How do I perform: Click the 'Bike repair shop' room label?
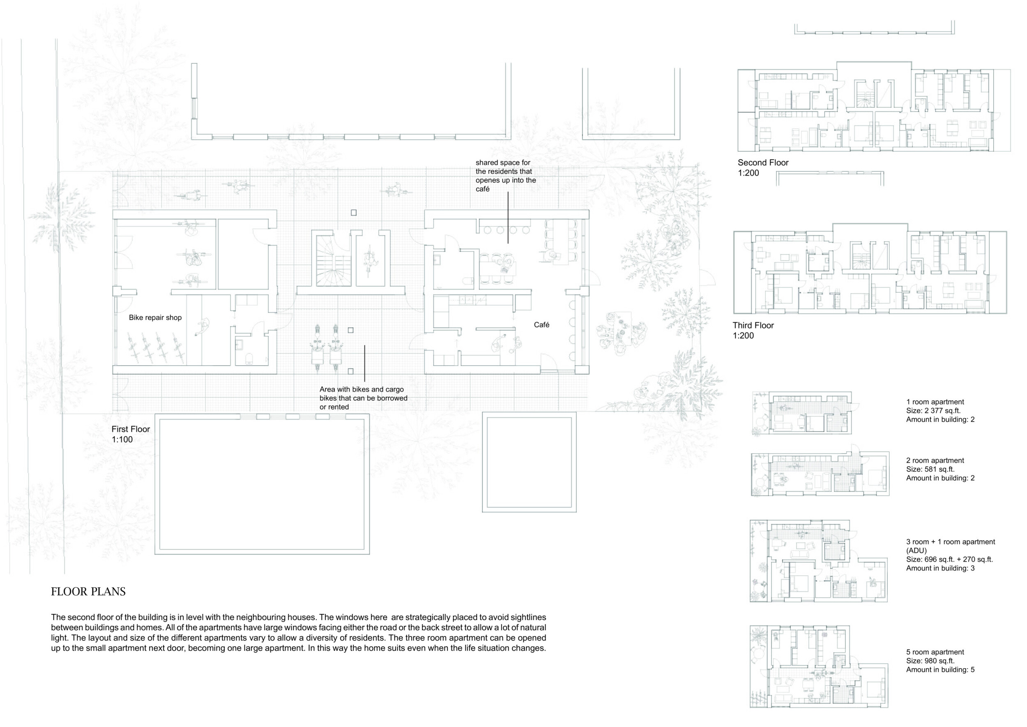point(155,318)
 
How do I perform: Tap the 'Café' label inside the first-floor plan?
point(541,325)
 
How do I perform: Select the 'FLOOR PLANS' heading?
point(88,592)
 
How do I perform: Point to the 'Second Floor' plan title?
point(763,163)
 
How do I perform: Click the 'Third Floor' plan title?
point(753,325)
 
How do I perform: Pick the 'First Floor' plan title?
point(131,429)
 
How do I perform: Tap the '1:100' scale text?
point(122,440)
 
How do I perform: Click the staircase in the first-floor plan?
point(334,262)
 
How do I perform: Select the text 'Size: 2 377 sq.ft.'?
point(933,411)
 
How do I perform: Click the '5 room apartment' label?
point(935,652)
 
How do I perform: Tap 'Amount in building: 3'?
point(940,569)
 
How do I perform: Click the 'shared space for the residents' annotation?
point(505,176)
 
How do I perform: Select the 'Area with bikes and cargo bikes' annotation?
point(363,398)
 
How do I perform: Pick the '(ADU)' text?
point(916,551)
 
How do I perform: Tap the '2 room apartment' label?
point(935,461)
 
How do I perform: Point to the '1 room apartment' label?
point(935,402)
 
